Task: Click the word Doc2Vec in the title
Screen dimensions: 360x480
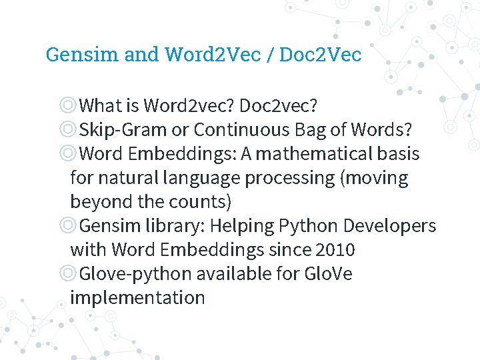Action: (x=320, y=54)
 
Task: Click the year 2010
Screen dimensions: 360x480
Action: (x=335, y=250)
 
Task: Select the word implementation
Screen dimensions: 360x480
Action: (x=137, y=298)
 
